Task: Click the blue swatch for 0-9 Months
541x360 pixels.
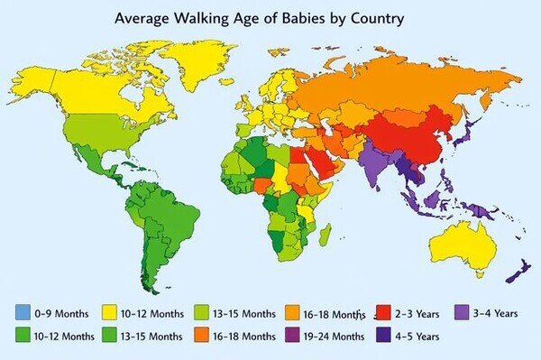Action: [23, 314]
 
